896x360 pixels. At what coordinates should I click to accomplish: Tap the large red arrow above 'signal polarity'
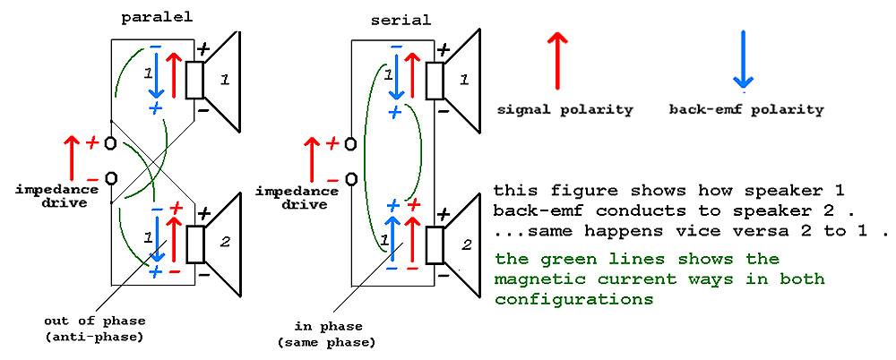click(x=558, y=60)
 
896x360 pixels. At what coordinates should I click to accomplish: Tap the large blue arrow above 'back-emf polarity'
click(x=746, y=60)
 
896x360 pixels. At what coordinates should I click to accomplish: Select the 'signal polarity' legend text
click(x=565, y=110)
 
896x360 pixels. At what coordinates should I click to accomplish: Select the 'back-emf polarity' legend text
click(x=746, y=110)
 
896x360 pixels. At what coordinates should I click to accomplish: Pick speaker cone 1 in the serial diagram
click(x=462, y=80)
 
